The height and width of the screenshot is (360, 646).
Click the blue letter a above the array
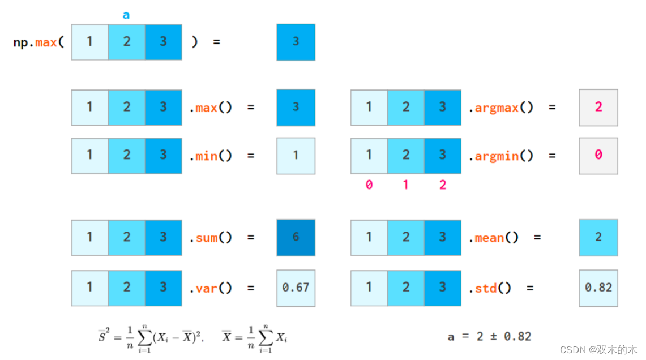pos(126,15)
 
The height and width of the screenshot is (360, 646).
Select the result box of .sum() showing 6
pos(296,238)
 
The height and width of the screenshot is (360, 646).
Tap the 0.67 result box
pos(296,288)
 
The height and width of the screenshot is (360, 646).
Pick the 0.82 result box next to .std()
pos(598,288)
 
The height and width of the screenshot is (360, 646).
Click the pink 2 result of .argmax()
pos(598,108)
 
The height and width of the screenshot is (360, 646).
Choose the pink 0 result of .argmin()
pos(598,155)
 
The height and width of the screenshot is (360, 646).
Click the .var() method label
pos(211,288)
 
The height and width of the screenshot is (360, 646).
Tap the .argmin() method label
pos(500,156)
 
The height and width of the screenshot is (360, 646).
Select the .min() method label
pos(211,156)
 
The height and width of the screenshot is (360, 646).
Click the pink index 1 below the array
pos(405,185)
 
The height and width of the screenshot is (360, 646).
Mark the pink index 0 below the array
pos(369,185)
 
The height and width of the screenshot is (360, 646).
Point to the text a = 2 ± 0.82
pos(489,337)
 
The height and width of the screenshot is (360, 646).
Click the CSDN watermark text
pos(602,350)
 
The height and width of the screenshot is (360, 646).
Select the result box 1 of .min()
pos(296,155)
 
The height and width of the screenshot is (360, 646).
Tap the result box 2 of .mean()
pos(598,238)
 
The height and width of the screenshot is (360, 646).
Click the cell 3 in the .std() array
pos(443,288)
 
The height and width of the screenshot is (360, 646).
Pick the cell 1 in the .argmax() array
pos(369,108)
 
